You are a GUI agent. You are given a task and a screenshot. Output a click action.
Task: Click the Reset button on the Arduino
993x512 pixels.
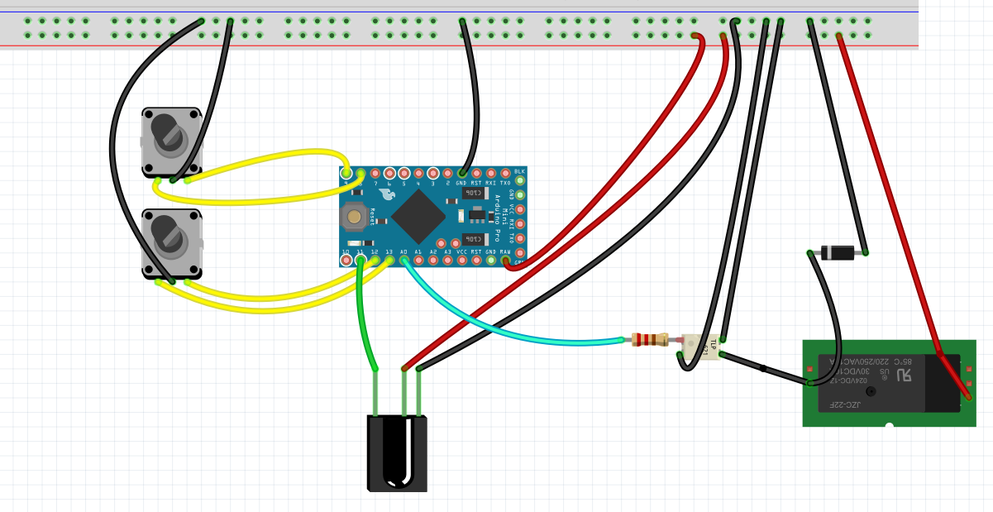(x=355, y=216)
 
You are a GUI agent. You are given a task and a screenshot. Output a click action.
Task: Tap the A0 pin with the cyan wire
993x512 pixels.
(x=403, y=260)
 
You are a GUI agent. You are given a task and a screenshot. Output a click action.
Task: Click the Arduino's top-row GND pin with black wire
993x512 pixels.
(x=461, y=173)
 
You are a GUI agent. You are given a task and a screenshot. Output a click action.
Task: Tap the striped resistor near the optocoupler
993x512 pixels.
(x=650, y=339)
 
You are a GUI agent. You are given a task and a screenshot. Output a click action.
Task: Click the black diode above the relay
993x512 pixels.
(x=837, y=253)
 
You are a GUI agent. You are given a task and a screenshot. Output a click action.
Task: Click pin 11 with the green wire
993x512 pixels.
(x=360, y=260)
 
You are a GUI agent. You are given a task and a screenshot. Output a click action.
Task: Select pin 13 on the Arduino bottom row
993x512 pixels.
(x=389, y=260)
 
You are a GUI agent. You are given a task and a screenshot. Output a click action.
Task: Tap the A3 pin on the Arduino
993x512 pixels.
(x=447, y=260)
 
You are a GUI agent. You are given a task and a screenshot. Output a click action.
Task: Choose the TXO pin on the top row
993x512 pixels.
(x=505, y=173)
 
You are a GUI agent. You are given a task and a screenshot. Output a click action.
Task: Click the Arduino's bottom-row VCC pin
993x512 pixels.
(x=461, y=260)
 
